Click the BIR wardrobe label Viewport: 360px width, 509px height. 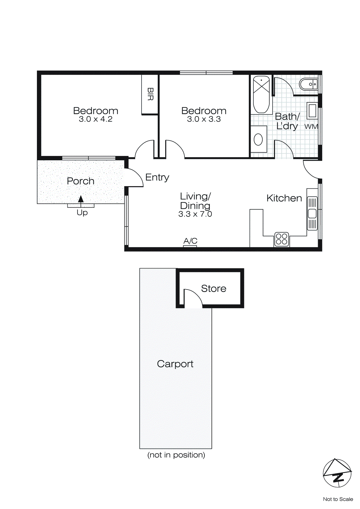point(150,94)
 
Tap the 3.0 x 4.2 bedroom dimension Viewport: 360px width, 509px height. point(95,119)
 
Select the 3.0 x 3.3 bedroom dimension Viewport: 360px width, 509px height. point(204,119)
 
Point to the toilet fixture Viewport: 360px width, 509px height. point(308,84)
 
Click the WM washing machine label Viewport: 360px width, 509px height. point(311,127)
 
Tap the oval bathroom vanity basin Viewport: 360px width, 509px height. point(258,139)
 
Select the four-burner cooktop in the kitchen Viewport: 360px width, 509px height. point(282,239)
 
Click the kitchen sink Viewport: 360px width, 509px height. point(312,213)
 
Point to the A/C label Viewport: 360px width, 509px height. point(190,241)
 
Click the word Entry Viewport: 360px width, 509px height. point(157,177)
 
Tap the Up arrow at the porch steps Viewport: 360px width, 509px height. point(81,199)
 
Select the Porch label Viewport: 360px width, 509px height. point(80,181)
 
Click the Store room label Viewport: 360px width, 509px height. point(213,289)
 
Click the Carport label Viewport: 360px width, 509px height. point(175,364)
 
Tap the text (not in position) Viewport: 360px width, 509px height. point(176,455)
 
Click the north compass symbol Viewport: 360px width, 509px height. point(337,473)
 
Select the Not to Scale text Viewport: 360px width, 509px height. point(338,499)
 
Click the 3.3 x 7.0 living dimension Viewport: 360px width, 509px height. point(195,214)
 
